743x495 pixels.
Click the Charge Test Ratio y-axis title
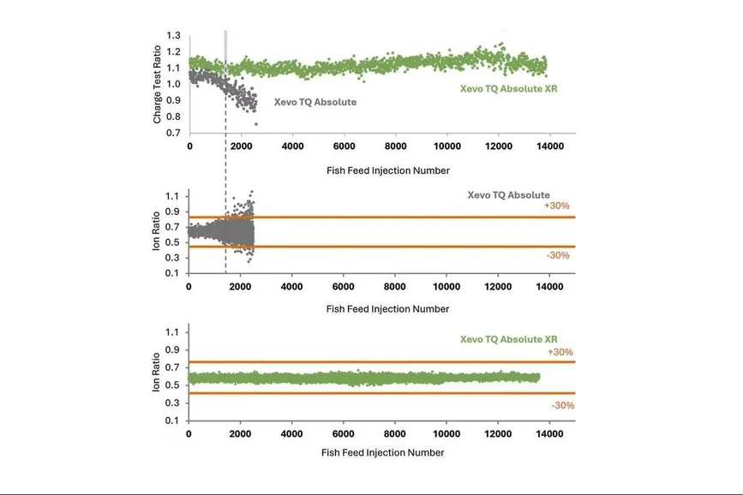[x=158, y=85]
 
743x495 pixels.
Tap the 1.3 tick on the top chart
[x=174, y=36]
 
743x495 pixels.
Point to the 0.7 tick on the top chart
[x=174, y=133]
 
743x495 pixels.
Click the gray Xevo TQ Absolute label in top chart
[x=315, y=102]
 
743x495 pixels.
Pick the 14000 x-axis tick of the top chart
[x=549, y=147]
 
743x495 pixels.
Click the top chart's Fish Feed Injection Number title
[x=387, y=170]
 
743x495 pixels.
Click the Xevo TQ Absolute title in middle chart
[x=508, y=194]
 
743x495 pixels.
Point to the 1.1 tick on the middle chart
[x=174, y=196]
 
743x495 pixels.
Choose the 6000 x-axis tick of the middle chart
[x=343, y=287]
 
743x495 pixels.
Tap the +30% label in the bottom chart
[x=561, y=352]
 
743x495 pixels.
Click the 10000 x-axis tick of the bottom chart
[x=446, y=434]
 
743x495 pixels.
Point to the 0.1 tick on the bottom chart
[x=174, y=420]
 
